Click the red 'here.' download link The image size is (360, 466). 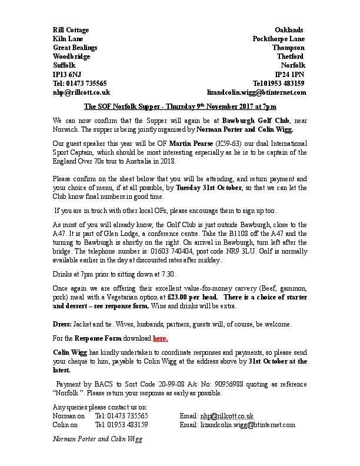click(x=161, y=338)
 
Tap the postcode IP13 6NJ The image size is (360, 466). click(x=67, y=75)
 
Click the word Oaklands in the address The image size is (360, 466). click(x=289, y=29)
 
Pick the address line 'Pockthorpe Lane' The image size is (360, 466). click(x=278, y=38)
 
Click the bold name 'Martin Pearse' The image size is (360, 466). click(x=165, y=142)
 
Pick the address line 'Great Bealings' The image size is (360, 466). click(x=75, y=48)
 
